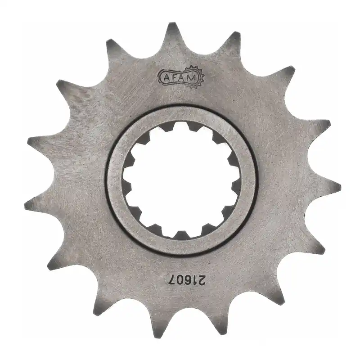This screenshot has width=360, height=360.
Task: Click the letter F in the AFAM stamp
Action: [174, 77]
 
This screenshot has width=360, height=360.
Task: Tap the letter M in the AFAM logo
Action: [191, 78]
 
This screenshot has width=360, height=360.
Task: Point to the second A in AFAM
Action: [183, 77]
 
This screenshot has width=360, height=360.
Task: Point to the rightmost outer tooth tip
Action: [335, 184]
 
